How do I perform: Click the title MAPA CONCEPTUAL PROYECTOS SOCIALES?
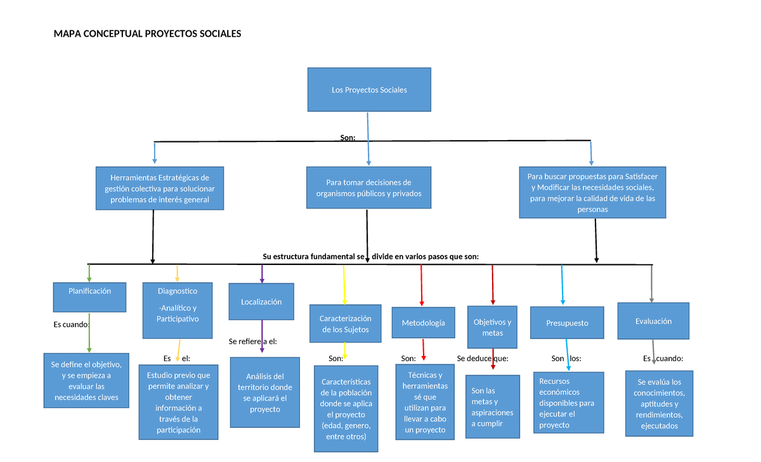[x=148, y=34]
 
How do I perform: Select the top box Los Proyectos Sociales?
[x=369, y=90]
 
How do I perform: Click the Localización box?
[x=261, y=302]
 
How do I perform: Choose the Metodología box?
[x=423, y=323]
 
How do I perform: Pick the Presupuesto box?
[x=567, y=323]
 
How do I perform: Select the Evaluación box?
[x=653, y=321]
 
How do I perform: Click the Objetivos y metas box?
[x=492, y=327]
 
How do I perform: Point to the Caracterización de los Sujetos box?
[x=345, y=324]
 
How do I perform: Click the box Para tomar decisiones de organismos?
[x=368, y=188]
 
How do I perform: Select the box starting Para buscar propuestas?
[x=592, y=192]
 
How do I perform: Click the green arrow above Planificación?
[x=89, y=273]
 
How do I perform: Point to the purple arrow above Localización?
[x=262, y=274]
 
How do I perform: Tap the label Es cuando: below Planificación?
[x=70, y=324]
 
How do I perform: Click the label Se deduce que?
[x=483, y=359]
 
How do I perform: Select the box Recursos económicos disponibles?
[x=567, y=403]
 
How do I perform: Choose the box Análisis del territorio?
[x=265, y=393]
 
